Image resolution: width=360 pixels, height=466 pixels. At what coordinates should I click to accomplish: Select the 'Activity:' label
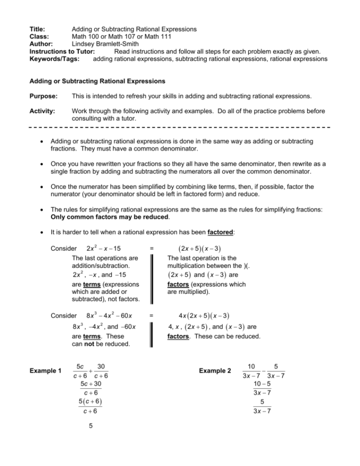click(43, 111)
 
